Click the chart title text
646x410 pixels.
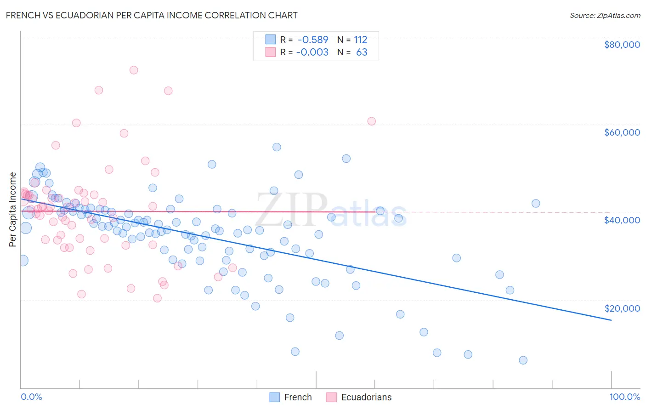click(152, 15)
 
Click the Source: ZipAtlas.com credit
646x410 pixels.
click(605, 15)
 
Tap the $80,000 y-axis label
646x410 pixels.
click(622, 45)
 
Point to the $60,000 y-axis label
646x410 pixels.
click(622, 132)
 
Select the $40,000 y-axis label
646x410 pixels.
click(622, 220)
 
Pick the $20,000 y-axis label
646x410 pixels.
click(622, 308)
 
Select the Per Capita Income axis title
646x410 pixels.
click(13, 209)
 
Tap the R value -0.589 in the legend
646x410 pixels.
click(313, 40)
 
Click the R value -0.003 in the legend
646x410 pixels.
click(312, 52)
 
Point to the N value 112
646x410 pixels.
click(360, 40)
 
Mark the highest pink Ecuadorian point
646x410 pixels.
click(134, 70)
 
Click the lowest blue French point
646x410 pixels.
click(523, 360)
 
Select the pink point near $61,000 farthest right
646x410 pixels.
click(371, 121)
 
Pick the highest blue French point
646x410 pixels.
click(277, 147)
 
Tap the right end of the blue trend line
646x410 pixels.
click(611, 320)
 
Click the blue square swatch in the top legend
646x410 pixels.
click(271, 40)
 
